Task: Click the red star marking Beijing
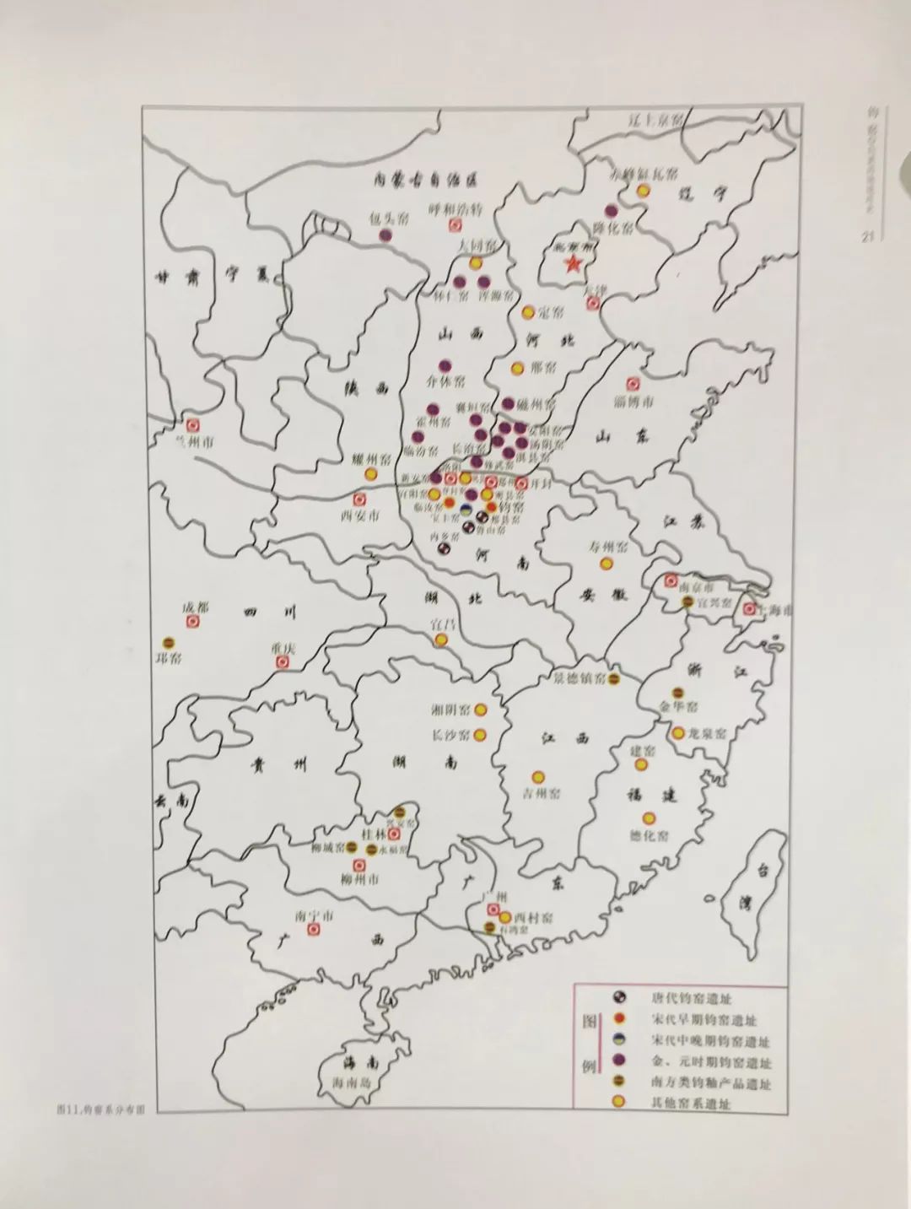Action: [x=573, y=265]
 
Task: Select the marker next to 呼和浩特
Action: [x=455, y=226]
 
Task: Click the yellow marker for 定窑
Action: [x=528, y=313]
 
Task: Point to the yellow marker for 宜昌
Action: [x=440, y=640]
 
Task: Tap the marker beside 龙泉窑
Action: [x=678, y=733]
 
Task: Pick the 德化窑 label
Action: [x=649, y=835]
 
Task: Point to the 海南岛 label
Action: [x=352, y=1082]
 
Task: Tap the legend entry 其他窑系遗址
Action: [x=691, y=1104]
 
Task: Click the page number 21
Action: [x=866, y=237]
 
